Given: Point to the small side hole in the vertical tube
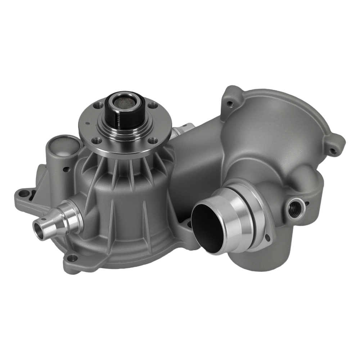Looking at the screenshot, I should [66, 168].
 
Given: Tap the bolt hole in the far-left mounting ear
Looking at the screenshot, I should [24, 194].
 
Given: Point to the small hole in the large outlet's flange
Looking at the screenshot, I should [268, 238].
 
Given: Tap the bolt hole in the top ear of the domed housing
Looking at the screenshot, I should [230, 105].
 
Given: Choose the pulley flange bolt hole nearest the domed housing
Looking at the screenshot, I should [154, 105].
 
